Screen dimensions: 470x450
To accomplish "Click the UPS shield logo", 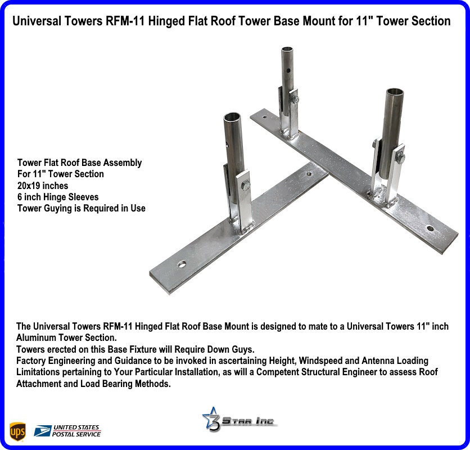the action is (x=17, y=431).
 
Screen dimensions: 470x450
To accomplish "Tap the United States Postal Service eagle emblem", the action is (x=43, y=431).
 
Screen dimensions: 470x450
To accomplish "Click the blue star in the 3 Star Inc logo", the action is (x=210, y=416).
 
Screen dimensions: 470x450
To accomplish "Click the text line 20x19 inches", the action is (x=43, y=186).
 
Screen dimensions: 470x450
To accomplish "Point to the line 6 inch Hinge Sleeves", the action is (x=58, y=197).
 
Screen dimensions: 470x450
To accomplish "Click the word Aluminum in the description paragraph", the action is (x=34, y=337).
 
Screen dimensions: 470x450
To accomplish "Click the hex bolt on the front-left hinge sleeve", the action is (x=246, y=186).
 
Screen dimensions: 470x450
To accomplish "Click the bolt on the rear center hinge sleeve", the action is (x=296, y=100).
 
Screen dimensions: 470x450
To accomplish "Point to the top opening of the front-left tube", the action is (x=232, y=116).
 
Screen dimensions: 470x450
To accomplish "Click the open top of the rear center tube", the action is (x=287, y=49).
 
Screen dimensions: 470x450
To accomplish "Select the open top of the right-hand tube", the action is (x=395, y=92).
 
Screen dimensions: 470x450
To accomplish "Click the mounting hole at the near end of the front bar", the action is (x=182, y=264).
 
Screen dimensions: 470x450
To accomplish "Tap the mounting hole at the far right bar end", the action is (x=430, y=228).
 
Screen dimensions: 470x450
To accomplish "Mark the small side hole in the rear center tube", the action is (x=288, y=71).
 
